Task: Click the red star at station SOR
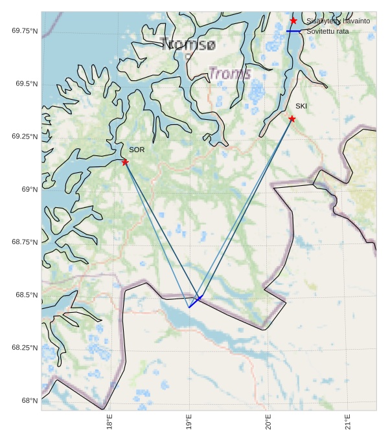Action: pos(125,162)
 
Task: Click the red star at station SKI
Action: pos(292,119)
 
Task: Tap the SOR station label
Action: pos(137,150)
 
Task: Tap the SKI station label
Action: pos(301,106)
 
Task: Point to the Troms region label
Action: pos(229,74)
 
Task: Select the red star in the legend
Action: pos(293,21)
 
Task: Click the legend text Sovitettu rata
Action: pos(327,31)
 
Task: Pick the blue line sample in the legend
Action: pos(293,31)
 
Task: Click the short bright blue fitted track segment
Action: pos(196,301)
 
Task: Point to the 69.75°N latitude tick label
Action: pos(25,31)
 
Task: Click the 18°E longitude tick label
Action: pos(110,424)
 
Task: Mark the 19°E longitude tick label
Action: pos(189,424)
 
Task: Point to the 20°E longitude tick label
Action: pos(268,424)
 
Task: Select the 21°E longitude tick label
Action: pos(347,424)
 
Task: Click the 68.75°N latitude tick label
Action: pos(25,242)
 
